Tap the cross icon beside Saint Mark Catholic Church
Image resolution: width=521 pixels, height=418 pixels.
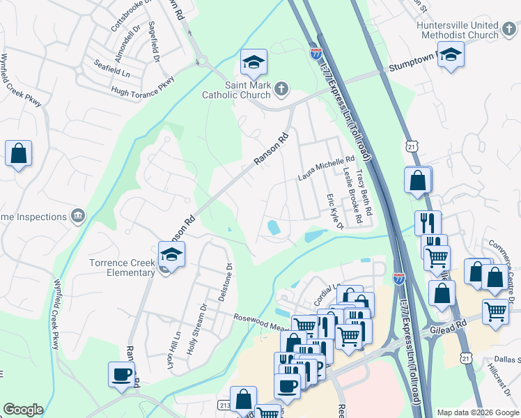coord(281,88)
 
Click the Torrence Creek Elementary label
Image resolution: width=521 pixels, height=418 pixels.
coord(121,268)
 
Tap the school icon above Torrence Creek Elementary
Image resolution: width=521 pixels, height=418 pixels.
coord(171,254)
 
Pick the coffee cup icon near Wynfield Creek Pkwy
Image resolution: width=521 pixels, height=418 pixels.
coord(121,374)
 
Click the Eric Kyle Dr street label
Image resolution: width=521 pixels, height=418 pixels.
coord(334,212)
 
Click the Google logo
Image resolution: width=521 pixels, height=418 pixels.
coord(23,410)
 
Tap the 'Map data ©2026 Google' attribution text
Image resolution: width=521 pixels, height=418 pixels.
coord(477,412)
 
